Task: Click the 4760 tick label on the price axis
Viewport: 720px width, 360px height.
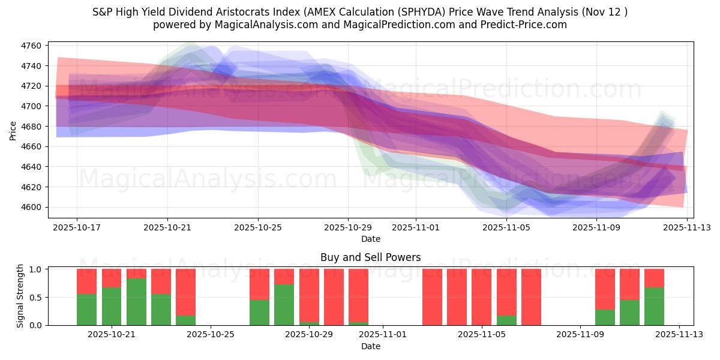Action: click(31, 46)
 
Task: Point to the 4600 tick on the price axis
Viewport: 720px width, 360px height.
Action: click(31, 207)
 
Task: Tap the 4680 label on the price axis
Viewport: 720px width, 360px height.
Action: click(31, 127)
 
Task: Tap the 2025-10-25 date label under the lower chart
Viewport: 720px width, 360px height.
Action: click(211, 335)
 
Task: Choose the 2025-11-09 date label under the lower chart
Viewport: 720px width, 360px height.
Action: click(580, 335)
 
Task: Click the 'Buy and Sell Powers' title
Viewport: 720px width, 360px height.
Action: click(370, 257)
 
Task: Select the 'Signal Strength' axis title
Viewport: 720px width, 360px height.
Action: click(20, 296)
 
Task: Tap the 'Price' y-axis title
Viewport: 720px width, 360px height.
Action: click(13, 130)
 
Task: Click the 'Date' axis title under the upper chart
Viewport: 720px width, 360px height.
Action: click(370, 239)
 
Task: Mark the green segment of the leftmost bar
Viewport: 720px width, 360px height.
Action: click(86, 310)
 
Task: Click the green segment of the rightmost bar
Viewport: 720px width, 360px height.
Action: click(654, 307)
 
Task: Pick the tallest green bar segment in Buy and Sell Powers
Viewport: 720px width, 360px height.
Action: click(136, 302)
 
